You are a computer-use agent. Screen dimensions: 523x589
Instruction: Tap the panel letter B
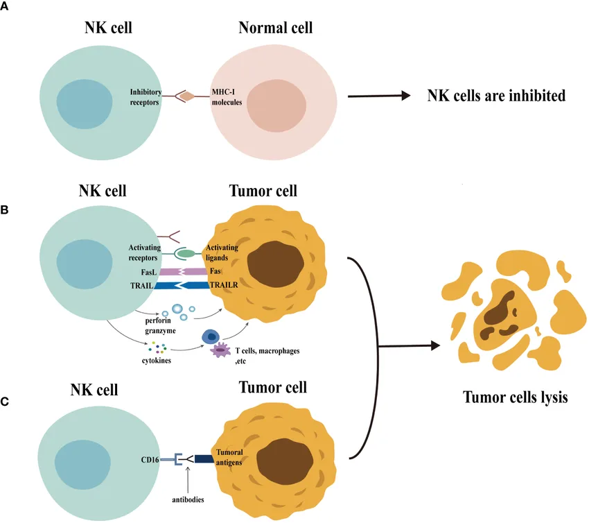6,207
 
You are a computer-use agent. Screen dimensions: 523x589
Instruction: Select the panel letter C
6,400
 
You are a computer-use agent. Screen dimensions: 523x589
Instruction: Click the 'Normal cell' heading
275,28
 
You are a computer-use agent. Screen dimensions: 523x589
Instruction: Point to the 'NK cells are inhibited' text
495,96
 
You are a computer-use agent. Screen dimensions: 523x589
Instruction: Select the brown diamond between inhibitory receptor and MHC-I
187,96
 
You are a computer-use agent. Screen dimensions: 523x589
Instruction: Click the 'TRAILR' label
225,285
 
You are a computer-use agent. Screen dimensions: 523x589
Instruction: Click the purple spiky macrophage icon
221,351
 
